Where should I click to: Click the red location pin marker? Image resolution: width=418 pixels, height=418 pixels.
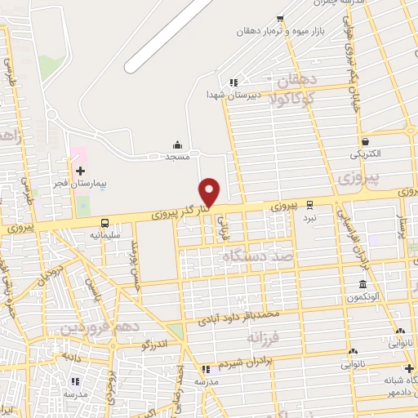210,192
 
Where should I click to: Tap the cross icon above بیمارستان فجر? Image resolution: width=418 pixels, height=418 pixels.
80,170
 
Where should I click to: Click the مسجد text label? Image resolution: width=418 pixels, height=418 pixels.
178,155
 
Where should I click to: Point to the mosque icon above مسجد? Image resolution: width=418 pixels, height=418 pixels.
178,144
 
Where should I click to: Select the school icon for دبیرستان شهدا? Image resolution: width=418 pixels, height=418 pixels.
233,82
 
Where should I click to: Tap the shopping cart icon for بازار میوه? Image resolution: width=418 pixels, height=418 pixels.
280,18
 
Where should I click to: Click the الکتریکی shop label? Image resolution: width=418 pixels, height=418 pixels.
364,153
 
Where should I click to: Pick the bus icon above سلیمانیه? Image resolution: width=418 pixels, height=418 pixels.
104,223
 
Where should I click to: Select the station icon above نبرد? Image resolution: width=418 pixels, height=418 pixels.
309,205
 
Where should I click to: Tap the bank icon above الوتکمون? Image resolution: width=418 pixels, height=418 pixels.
362,284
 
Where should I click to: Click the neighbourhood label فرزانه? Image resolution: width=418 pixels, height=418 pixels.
265,336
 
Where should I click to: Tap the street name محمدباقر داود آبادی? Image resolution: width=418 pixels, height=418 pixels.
245,316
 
